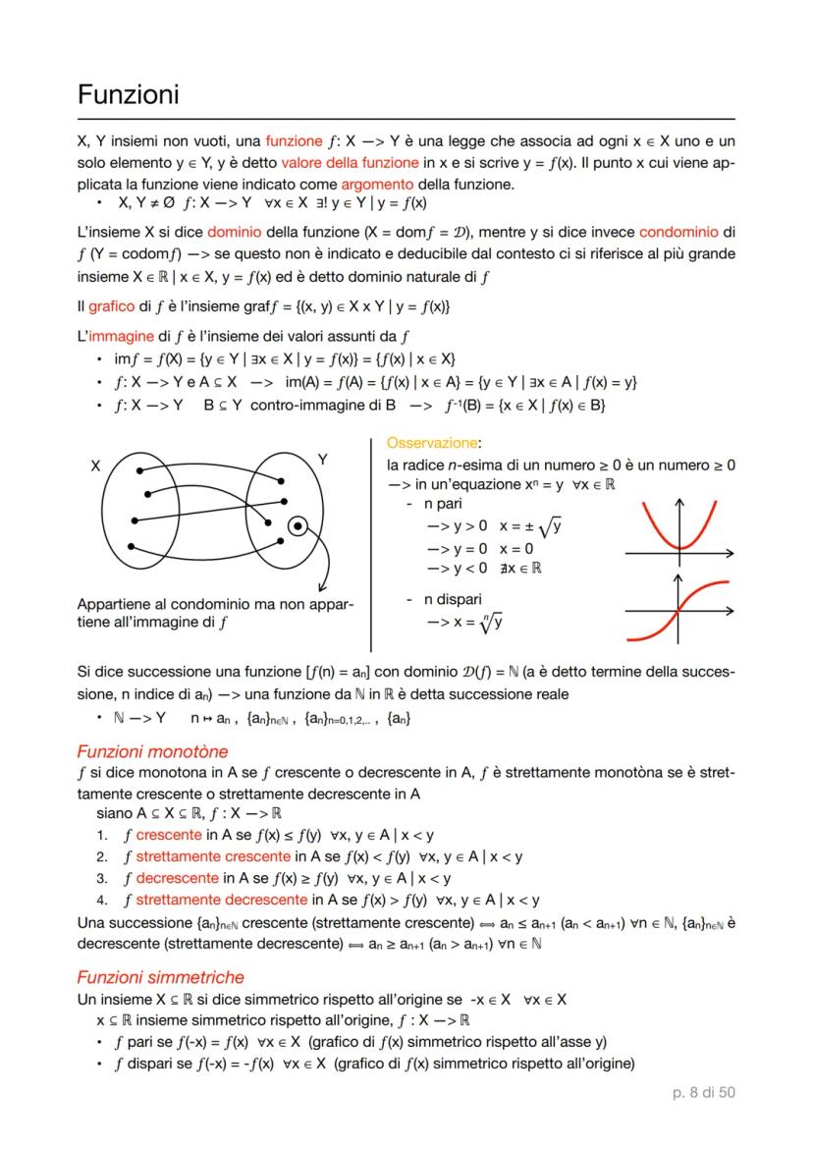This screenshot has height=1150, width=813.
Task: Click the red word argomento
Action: [x=378, y=185]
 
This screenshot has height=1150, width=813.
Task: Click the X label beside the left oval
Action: [x=95, y=467]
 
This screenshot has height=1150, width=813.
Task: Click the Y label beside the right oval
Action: [x=324, y=460]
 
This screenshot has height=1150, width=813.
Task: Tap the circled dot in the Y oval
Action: [x=297, y=527]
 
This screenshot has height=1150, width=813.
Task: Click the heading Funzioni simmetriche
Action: [x=160, y=977]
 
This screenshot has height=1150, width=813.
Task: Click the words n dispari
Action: [x=453, y=599]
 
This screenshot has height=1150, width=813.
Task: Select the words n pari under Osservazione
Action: [x=442, y=503]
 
